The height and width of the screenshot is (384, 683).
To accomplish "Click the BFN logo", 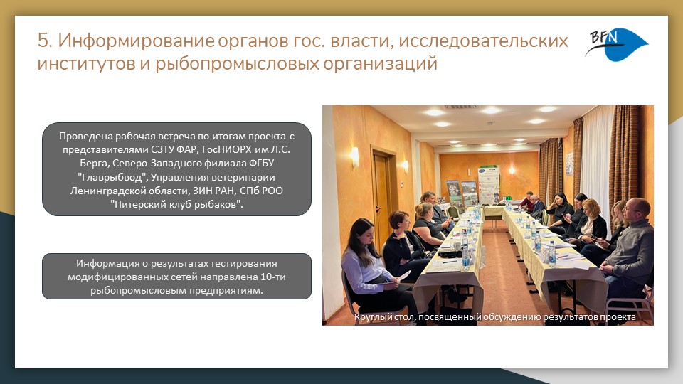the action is pyautogui.click(x=616, y=44).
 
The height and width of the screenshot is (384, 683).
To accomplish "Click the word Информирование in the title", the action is pyautogui.click(x=137, y=41).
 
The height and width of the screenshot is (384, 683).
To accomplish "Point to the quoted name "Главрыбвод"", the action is pyautogui.click(x=112, y=177).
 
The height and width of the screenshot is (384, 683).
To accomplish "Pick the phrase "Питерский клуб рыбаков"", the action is pyautogui.click(x=176, y=204).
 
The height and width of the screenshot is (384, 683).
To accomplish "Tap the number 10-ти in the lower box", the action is pyautogui.click(x=273, y=277).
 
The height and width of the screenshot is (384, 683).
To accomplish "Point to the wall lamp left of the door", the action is pyautogui.click(x=355, y=156).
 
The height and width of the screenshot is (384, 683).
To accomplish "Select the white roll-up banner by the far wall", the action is pyautogui.click(x=489, y=185).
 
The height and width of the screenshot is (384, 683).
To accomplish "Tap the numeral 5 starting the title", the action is pyautogui.click(x=44, y=41).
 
